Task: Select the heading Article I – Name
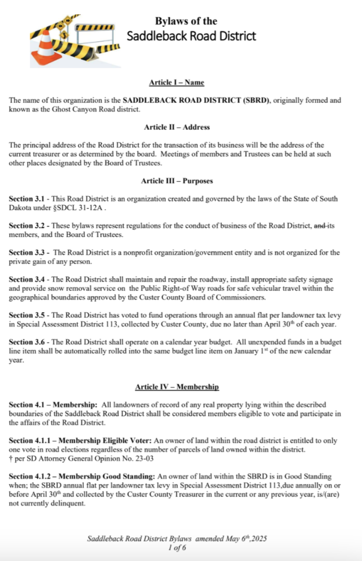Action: (176, 83)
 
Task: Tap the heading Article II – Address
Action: (177, 127)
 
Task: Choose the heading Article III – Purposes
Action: (177, 180)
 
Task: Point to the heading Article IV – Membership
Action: (177, 387)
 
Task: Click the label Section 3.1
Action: (27, 198)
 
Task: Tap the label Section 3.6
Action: (27, 342)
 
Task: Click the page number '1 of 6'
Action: (177, 547)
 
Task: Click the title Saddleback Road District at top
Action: (191, 36)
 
